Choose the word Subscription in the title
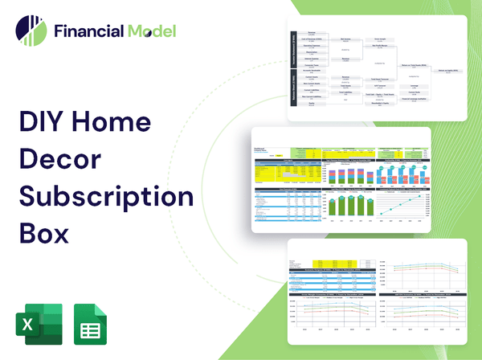106,196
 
